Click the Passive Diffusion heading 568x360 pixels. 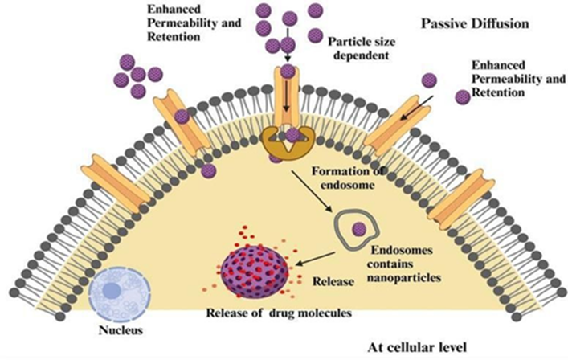tap(475, 24)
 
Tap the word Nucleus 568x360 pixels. tap(121, 330)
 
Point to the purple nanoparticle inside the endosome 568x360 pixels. tap(359, 229)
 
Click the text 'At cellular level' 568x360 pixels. tap(417, 348)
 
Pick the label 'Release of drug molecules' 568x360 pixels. tap(279, 313)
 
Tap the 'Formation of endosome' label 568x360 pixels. tap(347, 178)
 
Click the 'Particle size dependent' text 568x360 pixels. tap(362, 48)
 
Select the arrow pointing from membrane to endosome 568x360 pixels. tap(312, 190)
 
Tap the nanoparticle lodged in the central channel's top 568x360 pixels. tap(288, 71)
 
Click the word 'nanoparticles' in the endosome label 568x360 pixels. tap(404, 277)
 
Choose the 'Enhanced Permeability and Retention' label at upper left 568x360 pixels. tap(194, 22)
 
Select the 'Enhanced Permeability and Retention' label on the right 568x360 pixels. tap(518, 79)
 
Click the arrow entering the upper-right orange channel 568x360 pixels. tap(417, 108)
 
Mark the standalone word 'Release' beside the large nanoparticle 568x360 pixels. tap(333, 281)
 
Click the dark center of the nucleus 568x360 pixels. tap(112, 291)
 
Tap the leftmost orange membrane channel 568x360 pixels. tap(115, 183)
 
